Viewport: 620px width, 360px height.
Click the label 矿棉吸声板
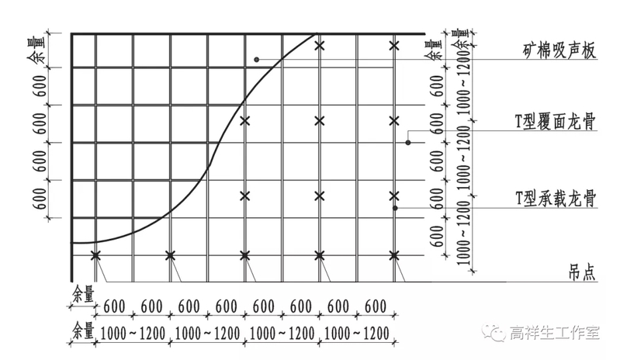coord(557,52)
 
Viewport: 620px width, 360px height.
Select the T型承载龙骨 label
coord(555,198)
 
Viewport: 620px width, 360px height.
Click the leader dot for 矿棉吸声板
coord(255,60)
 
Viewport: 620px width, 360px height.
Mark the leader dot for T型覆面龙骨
coord(408,143)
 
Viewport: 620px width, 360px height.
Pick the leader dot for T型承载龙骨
coord(395,208)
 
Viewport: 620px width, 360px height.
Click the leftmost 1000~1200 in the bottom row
coord(133,333)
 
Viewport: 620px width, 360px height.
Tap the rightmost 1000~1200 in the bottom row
coord(356,333)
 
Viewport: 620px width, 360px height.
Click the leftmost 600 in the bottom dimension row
coord(114,306)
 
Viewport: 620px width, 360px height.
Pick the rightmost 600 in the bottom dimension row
coord(376,306)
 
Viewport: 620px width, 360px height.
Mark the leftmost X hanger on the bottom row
coord(96,254)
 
